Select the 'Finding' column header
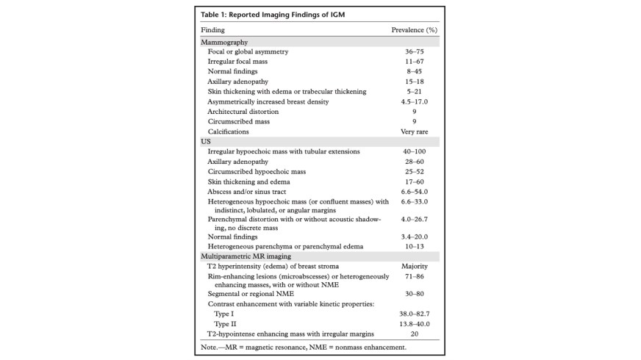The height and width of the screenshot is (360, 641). point(212,31)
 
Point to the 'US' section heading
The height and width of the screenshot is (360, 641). point(206,141)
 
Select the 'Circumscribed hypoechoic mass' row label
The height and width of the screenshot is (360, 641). point(255,171)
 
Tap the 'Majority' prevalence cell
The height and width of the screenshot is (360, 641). point(414,266)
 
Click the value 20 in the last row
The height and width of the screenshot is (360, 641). point(414,334)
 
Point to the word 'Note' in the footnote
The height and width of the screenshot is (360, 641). point(209,347)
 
